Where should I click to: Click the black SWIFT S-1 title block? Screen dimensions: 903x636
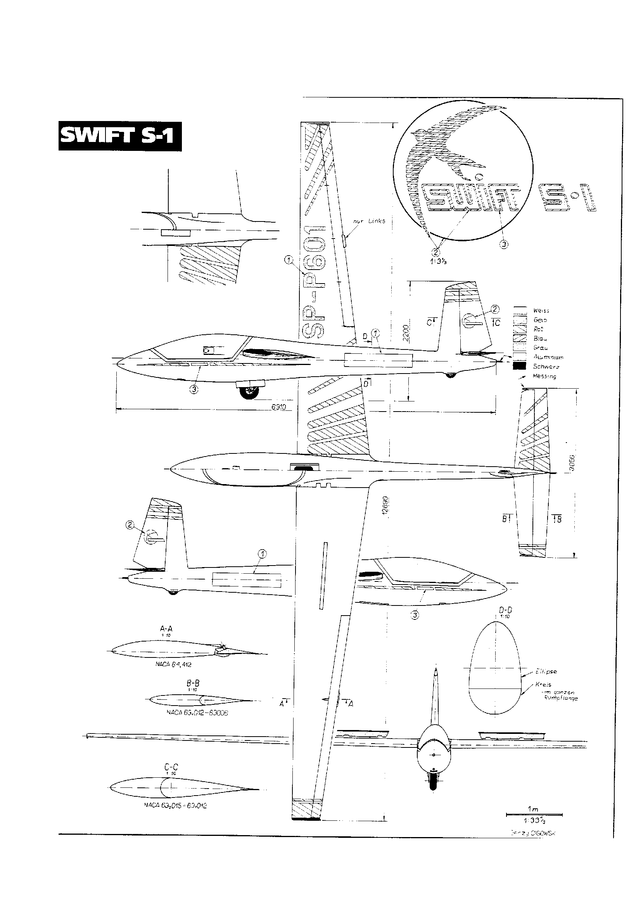[120, 137]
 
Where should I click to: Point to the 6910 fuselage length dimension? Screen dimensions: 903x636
[278, 407]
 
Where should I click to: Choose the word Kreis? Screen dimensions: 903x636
[543, 685]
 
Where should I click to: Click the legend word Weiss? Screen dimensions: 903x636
[541, 311]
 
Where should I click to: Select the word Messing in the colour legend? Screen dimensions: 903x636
[544, 376]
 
